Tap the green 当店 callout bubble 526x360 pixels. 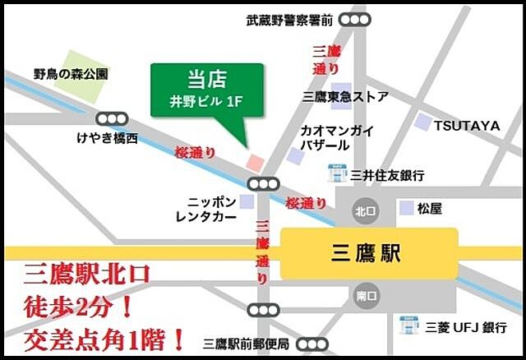pyautogui.click(x=207, y=91)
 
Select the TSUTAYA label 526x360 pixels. pyautogui.click(x=467, y=126)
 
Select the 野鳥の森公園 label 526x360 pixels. pyautogui.click(x=72, y=74)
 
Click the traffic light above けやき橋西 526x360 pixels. pyautogui.click(x=112, y=118)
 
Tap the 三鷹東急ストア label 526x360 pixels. pyautogui.click(x=345, y=97)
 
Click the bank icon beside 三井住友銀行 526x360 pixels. pyautogui.click(x=336, y=174)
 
